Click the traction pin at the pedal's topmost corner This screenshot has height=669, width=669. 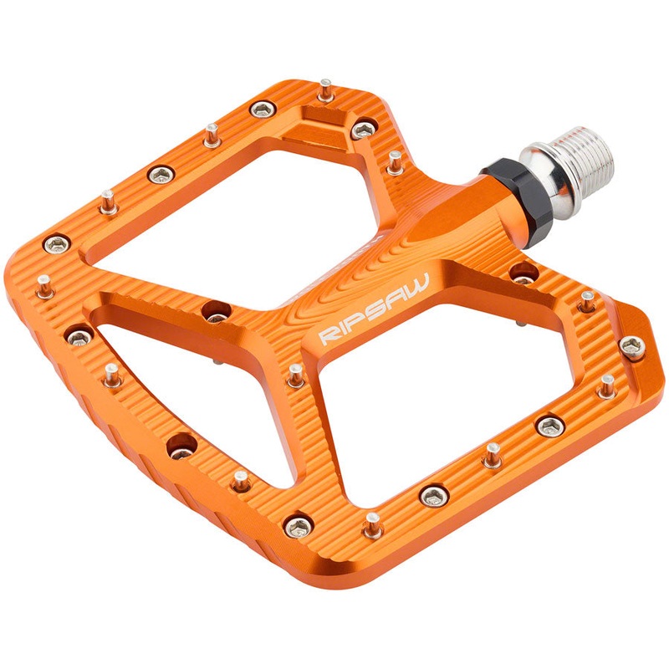pos(326,89)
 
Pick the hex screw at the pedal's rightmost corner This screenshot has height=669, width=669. pos(632,345)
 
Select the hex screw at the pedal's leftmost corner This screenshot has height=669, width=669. pos(57,243)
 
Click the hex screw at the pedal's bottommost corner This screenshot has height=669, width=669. pos(299,526)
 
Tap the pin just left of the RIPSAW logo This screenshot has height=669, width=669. pos(295,374)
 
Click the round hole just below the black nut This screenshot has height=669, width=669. pos(523,272)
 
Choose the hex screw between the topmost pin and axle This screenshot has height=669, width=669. pos(363,129)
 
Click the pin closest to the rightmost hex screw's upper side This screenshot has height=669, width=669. pos(588,300)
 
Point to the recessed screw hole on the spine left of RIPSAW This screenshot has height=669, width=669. pos(217,311)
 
